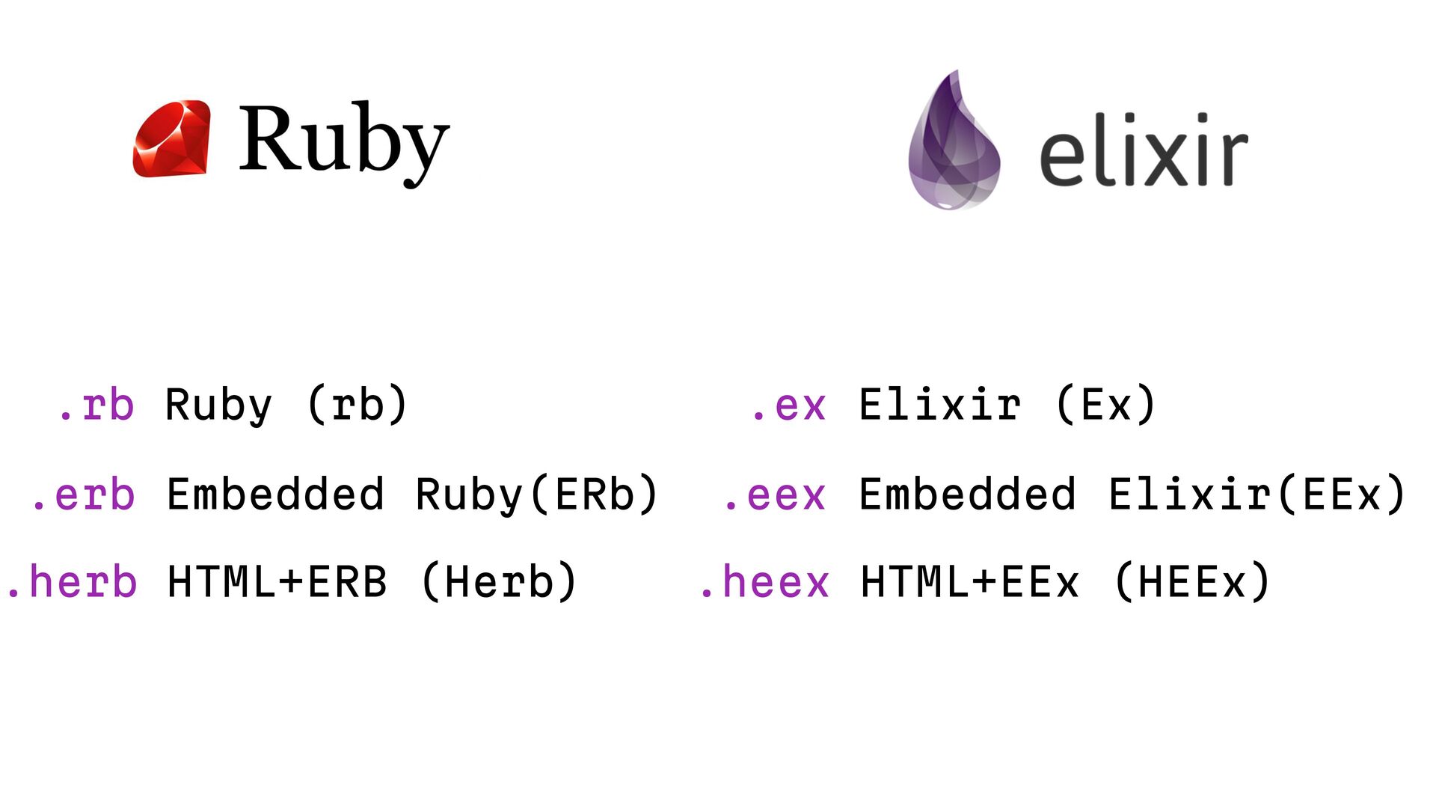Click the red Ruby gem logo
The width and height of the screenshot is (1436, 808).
click(x=171, y=139)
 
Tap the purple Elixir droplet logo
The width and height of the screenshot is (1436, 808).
click(x=954, y=142)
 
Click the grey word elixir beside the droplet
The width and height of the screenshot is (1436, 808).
click(x=1143, y=150)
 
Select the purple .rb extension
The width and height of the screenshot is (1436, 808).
click(x=96, y=405)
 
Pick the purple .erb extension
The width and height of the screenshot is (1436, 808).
click(x=83, y=495)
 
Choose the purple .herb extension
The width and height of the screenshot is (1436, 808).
click(x=71, y=583)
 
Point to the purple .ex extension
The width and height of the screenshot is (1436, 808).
click(x=788, y=405)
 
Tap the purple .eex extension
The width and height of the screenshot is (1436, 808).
click(x=775, y=495)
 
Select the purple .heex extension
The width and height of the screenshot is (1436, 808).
click(x=764, y=583)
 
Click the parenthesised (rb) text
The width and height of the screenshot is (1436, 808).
click(x=358, y=405)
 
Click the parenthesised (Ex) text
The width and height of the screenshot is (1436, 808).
click(x=1106, y=405)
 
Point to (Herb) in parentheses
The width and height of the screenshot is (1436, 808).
click(x=500, y=583)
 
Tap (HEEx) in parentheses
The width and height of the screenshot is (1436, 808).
click(x=1192, y=583)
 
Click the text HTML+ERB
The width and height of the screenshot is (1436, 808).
click(x=277, y=583)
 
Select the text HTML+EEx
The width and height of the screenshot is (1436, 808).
click(x=970, y=583)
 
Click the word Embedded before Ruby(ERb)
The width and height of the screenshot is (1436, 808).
click(x=275, y=495)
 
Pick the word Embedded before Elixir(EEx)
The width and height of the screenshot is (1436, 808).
click(x=968, y=495)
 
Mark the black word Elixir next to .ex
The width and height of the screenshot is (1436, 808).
click(x=940, y=405)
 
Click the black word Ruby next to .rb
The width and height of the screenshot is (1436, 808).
click(x=218, y=405)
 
